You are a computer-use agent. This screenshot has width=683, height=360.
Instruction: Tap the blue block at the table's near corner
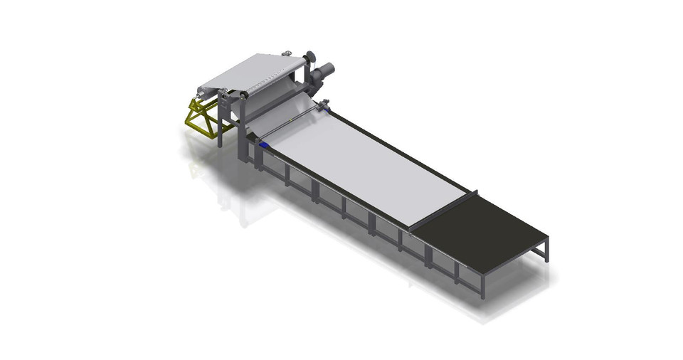pyautogui.click(x=265, y=144)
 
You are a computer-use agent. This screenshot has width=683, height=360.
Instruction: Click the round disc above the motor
pyautogui.click(x=310, y=58)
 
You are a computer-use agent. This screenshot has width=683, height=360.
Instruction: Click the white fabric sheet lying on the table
pyautogui.click(x=370, y=171)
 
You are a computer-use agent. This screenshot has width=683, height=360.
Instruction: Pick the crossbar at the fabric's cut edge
pyautogui.click(x=442, y=211)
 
